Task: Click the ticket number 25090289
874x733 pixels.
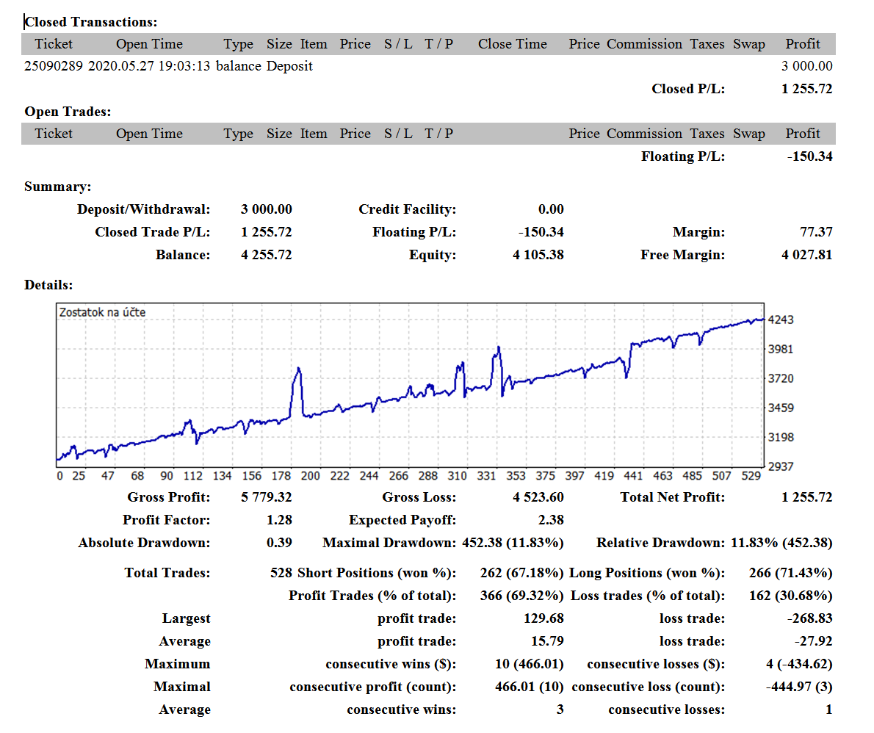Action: [x=54, y=66]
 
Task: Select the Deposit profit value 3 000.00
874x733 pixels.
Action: [x=806, y=66]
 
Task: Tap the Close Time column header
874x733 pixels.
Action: [x=512, y=44]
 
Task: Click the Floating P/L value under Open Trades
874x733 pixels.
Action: [x=809, y=156]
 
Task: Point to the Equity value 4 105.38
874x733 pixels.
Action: [x=538, y=255]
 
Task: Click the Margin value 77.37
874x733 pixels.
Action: [x=816, y=232]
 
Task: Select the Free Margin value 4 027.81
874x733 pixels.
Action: [x=806, y=255]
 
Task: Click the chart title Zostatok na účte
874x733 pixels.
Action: [x=103, y=312]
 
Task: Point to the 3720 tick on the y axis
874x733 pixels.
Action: [x=780, y=378]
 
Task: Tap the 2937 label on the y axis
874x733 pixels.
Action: [x=780, y=466]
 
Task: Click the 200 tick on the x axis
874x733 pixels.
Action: [x=311, y=475]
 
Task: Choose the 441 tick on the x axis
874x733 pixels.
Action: [x=633, y=475]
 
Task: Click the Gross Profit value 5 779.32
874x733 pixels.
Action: [x=267, y=497]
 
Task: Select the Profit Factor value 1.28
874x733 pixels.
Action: [x=279, y=520]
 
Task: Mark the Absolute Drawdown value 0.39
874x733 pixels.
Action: [x=279, y=543]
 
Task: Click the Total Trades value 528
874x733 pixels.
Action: [x=281, y=573]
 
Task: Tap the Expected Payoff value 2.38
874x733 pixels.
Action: [x=551, y=520]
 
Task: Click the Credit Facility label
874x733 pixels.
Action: [x=408, y=209]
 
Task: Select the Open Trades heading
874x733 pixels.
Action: [x=68, y=112]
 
